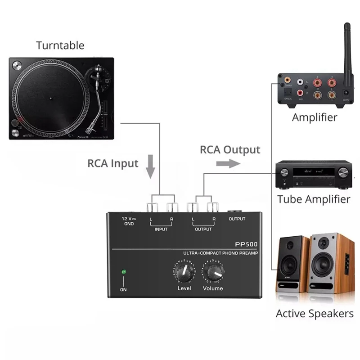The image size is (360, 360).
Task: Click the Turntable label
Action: click(x=60, y=45)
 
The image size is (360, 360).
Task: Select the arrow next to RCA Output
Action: click(x=228, y=164)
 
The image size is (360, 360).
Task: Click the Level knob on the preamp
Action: click(x=184, y=271)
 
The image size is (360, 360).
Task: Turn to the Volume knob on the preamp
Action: click(x=213, y=271)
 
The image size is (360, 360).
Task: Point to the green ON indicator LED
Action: click(x=123, y=272)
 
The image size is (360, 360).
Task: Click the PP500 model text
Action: click(x=247, y=245)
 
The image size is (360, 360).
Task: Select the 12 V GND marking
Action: click(x=128, y=220)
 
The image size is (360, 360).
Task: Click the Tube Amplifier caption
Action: click(x=314, y=199)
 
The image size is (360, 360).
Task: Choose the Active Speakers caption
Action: click(x=315, y=314)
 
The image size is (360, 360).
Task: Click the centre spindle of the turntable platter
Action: click(x=53, y=96)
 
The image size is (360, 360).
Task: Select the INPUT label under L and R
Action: click(x=161, y=229)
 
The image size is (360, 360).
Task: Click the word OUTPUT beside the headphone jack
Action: click(x=237, y=219)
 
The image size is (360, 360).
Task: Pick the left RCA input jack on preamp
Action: click(x=151, y=207)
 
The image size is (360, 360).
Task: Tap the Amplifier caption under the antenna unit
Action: click(x=314, y=118)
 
